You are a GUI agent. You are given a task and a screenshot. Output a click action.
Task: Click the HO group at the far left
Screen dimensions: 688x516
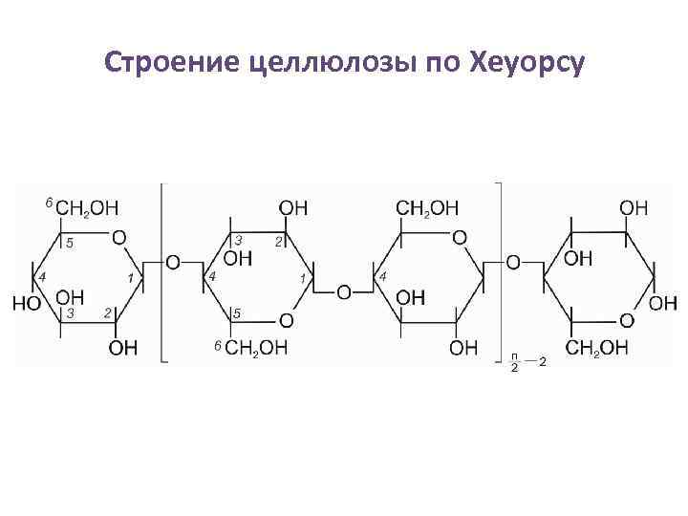coord(28,303)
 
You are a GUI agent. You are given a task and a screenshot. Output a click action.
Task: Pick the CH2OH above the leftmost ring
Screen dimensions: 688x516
coord(87,206)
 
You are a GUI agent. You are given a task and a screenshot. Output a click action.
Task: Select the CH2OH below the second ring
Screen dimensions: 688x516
coord(255,348)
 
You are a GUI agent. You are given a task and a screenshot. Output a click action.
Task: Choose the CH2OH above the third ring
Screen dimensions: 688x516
coord(427,206)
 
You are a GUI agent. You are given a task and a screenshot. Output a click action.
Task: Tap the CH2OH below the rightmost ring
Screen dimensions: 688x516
coord(596,348)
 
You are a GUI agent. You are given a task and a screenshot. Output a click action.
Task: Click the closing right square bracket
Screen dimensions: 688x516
coord(500,272)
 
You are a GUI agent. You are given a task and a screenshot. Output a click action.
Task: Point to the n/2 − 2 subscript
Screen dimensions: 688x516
coord(527,361)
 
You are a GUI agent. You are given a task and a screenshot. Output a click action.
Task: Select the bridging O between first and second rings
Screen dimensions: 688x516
coord(173,261)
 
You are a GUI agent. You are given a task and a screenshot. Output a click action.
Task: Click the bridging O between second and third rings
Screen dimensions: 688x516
coord(343,290)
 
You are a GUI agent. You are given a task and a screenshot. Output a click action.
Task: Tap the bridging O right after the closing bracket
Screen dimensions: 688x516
coord(513,261)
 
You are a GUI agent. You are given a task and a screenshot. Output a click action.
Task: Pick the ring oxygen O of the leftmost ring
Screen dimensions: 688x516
coord(118,235)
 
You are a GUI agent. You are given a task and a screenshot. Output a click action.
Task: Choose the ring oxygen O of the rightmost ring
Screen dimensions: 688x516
coord(626,319)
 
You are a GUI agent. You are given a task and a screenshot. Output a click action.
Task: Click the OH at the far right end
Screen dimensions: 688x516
coord(663,303)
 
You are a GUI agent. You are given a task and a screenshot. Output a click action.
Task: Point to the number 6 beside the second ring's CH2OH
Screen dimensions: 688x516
coord(218,343)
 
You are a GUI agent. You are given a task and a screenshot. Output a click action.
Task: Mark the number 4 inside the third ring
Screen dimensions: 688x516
coord(383,276)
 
